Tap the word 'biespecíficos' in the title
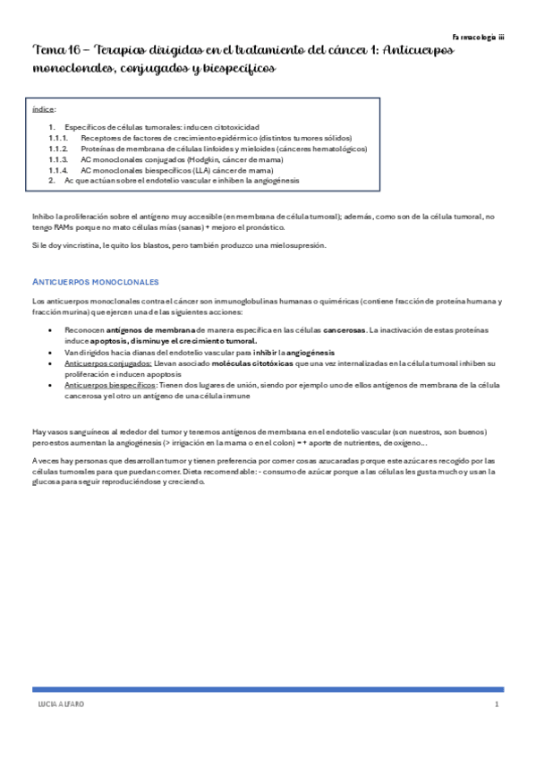coord(231,68)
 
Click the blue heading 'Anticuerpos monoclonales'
coord(95,281)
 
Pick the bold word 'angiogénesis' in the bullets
coord(304,353)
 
